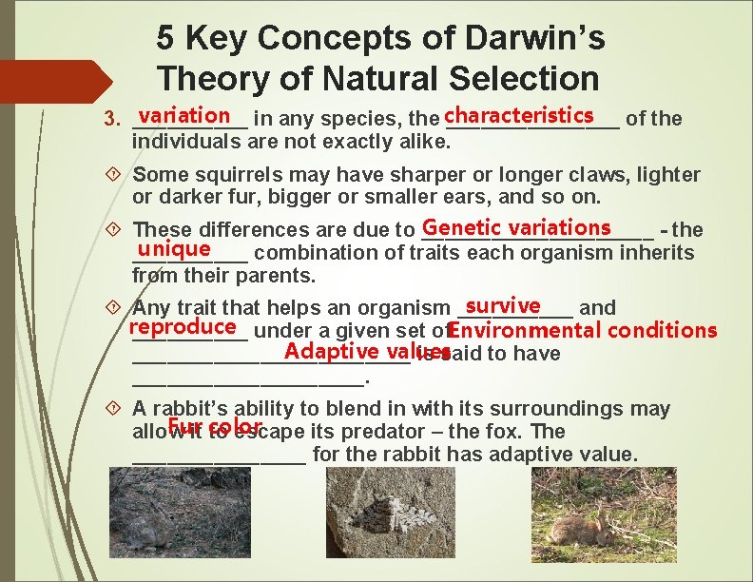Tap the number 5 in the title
(x=166, y=38)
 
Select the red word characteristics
(x=518, y=115)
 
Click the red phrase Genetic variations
(x=517, y=227)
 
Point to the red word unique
(x=173, y=249)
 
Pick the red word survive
(x=503, y=305)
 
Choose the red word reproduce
(x=183, y=327)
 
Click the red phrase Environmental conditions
(x=582, y=331)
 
